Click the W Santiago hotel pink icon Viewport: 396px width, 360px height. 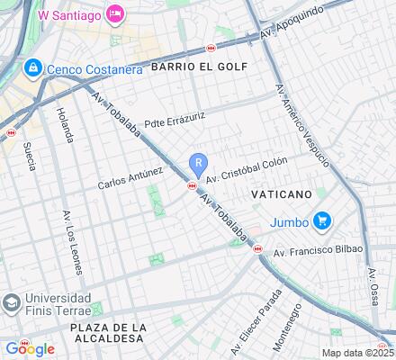point(115,14)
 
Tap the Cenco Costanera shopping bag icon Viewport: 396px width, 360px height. point(32,68)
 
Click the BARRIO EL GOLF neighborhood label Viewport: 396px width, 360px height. point(198,67)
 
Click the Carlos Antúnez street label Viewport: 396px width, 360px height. point(130,176)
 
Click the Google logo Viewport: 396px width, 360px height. point(30,349)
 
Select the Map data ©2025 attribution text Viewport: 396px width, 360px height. point(358,353)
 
